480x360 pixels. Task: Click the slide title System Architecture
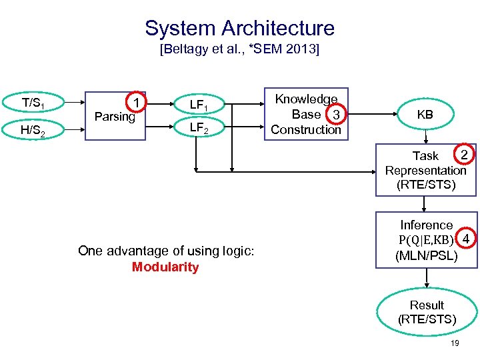coord(239,28)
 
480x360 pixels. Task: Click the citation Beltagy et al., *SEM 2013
coord(239,50)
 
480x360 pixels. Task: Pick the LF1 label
coord(199,105)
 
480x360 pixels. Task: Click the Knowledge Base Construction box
coord(307,114)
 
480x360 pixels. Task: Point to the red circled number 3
coord(337,116)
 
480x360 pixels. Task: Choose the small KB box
coord(425,114)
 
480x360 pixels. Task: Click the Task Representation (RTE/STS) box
coord(426,170)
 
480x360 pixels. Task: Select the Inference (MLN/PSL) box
coord(426,240)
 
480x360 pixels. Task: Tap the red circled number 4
coord(466,239)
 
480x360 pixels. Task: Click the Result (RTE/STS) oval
coord(427,311)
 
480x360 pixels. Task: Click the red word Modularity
coord(165,267)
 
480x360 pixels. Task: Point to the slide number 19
coord(455,343)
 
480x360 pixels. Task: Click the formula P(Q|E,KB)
coord(426,239)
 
